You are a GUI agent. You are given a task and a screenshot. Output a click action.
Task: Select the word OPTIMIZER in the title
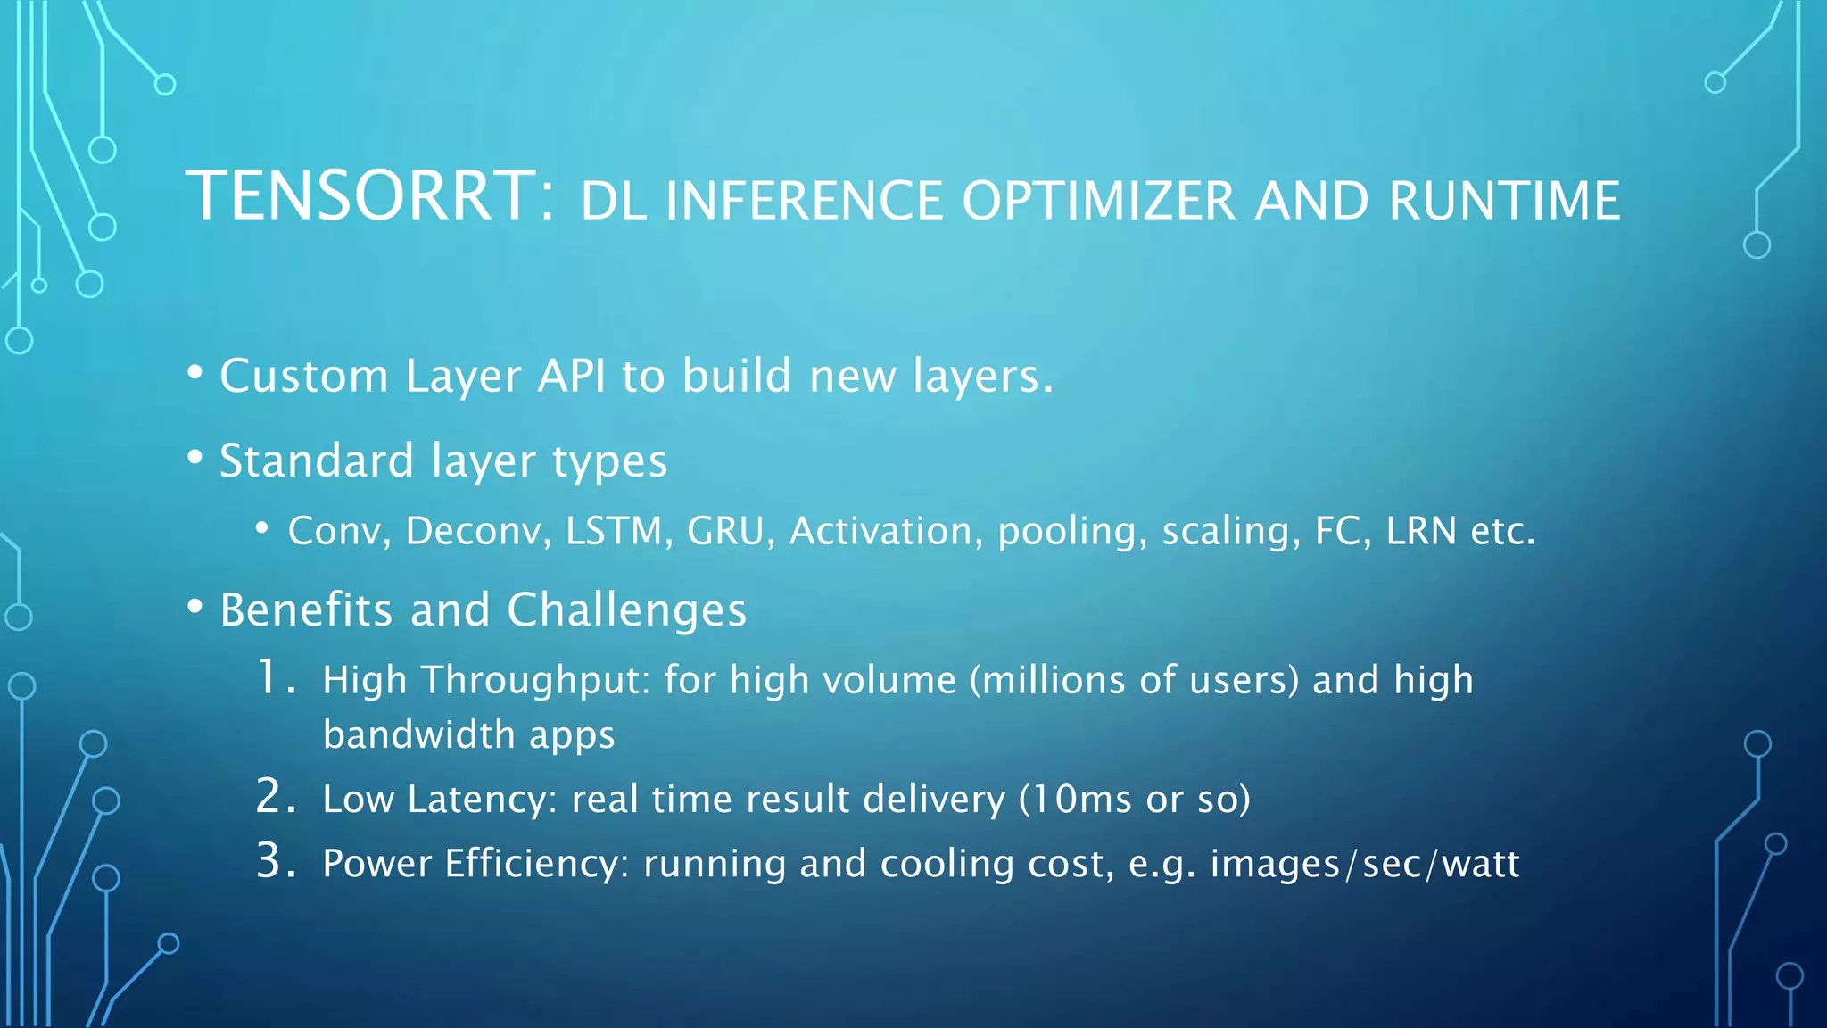(x=1099, y=201)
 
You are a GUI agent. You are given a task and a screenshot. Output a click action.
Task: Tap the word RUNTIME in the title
(x=1504, y=201)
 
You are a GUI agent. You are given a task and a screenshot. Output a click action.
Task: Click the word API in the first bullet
(x=572, y=376)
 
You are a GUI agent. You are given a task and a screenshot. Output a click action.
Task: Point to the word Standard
(x=317, y=461)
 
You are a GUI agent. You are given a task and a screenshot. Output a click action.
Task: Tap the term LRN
(x=1421, y=531)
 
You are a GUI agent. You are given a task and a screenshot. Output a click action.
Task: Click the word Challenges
(x=626, y=610)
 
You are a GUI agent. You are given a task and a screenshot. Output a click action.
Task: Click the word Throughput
(x=536, y=682)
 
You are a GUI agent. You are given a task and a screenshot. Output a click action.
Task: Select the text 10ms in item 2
(x=1084, y=799)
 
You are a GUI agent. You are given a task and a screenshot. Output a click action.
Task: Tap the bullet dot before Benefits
(x=195, y=608)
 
